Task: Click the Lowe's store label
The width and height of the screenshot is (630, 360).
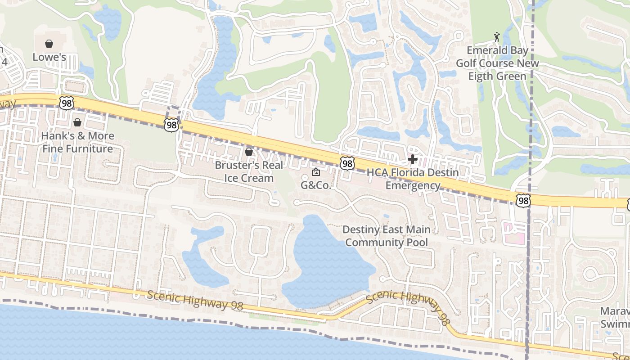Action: pos(49,57)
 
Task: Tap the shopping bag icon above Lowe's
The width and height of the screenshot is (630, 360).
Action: pos(49,44)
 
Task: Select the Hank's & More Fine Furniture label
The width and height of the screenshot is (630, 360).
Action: pos(77,142)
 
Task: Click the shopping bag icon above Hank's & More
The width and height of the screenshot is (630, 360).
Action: pos(77,122)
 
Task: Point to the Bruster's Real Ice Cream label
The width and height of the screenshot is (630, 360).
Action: pos(249,171)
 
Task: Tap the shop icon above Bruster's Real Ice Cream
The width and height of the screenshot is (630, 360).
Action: pos(248,152)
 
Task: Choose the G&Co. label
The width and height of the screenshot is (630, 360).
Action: pos(316,185)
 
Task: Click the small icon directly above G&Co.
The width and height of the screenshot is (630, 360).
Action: pos(316,172)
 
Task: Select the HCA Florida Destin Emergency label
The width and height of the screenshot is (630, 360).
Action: pos(413,179)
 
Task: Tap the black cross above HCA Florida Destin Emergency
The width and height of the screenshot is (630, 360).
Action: pos(412,159)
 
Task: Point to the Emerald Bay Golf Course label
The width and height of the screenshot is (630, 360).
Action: pos(497,63)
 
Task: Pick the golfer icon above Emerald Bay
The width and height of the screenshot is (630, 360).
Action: pos(497,36)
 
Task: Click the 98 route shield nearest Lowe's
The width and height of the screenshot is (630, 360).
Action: pos(66,103)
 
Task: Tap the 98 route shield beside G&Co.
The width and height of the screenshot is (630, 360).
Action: pos(347,163)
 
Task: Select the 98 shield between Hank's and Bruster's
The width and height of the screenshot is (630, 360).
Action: pos(171,125)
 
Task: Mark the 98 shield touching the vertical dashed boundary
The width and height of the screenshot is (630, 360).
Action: pos(523,200)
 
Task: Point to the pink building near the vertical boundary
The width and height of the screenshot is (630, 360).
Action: pos(514,233)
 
